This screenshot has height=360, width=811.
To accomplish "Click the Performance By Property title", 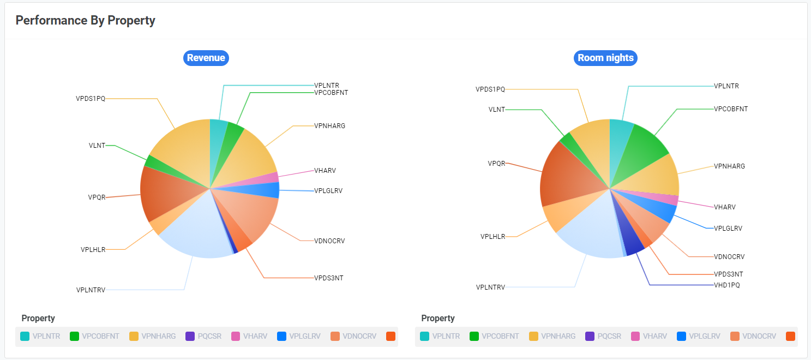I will [85, 21].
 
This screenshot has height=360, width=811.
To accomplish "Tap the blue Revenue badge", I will [206, 58].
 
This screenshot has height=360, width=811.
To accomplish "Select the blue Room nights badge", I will [605, 58].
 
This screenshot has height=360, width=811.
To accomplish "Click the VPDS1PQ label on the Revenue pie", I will [90, 99].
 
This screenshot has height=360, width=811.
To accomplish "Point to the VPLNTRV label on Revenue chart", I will [91, 290].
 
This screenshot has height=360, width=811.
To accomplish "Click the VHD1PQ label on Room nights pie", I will [727, 285].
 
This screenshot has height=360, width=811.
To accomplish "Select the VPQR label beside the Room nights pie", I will [496, 163].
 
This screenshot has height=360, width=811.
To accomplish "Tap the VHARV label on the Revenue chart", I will [325, 171].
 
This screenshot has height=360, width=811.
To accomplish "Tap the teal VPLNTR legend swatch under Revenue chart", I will [25, 336].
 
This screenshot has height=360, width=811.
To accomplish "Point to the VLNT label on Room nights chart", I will [496, 109].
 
